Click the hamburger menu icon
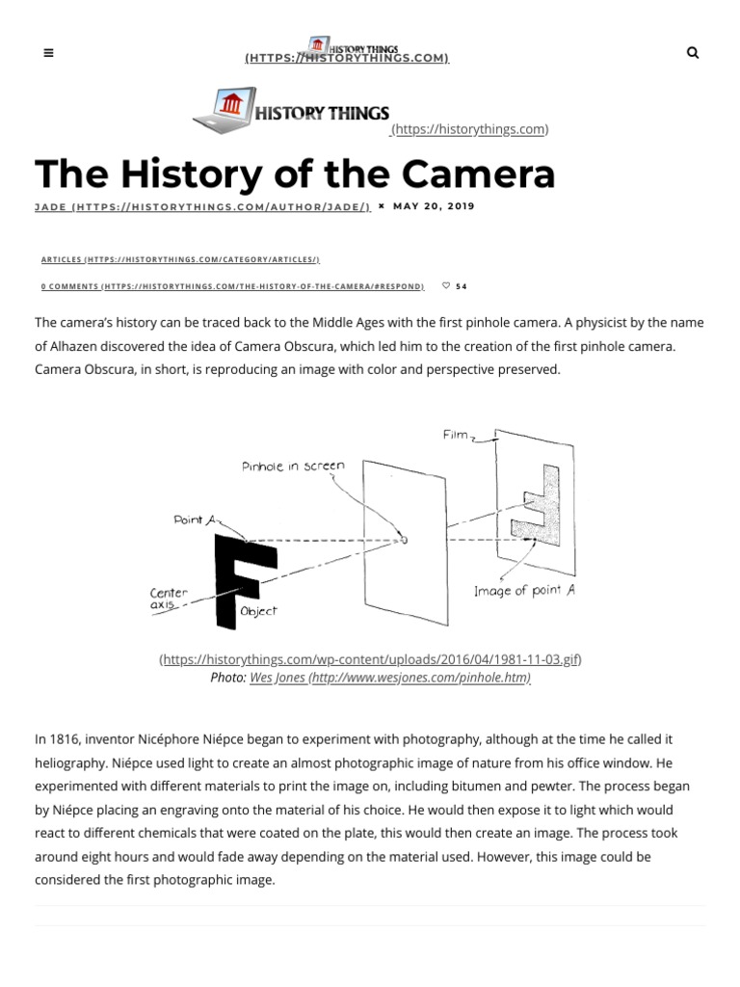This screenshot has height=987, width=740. pyautogui.click(x=49, y=54)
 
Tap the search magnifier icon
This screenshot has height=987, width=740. pyautogui.click(x=692, y=53)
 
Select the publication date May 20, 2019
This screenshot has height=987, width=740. pyautogui.click(x=434, y=206)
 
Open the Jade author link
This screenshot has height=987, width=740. pyautogui.click(x=202, y=206)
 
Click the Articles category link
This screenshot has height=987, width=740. pyautogui.click(x=180, y=259)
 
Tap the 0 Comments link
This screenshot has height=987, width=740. pyautogui.click(x=232, y=286)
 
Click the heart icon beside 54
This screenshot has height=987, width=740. pyautogui.click(x=445, y=286)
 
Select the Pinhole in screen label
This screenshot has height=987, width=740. pyautogui.click(x=293, y=466)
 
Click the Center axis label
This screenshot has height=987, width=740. pyautogui.click(x=169, y=599)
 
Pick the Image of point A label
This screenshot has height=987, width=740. pyautogui.click(x=524, y=591)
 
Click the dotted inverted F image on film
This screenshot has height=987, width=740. pyautogui.click(x=538, y=506)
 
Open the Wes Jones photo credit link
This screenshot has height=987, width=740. pyautogui.click(x=389, y=678)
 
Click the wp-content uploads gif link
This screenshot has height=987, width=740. pyautogui.click(x=370, y=659)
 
